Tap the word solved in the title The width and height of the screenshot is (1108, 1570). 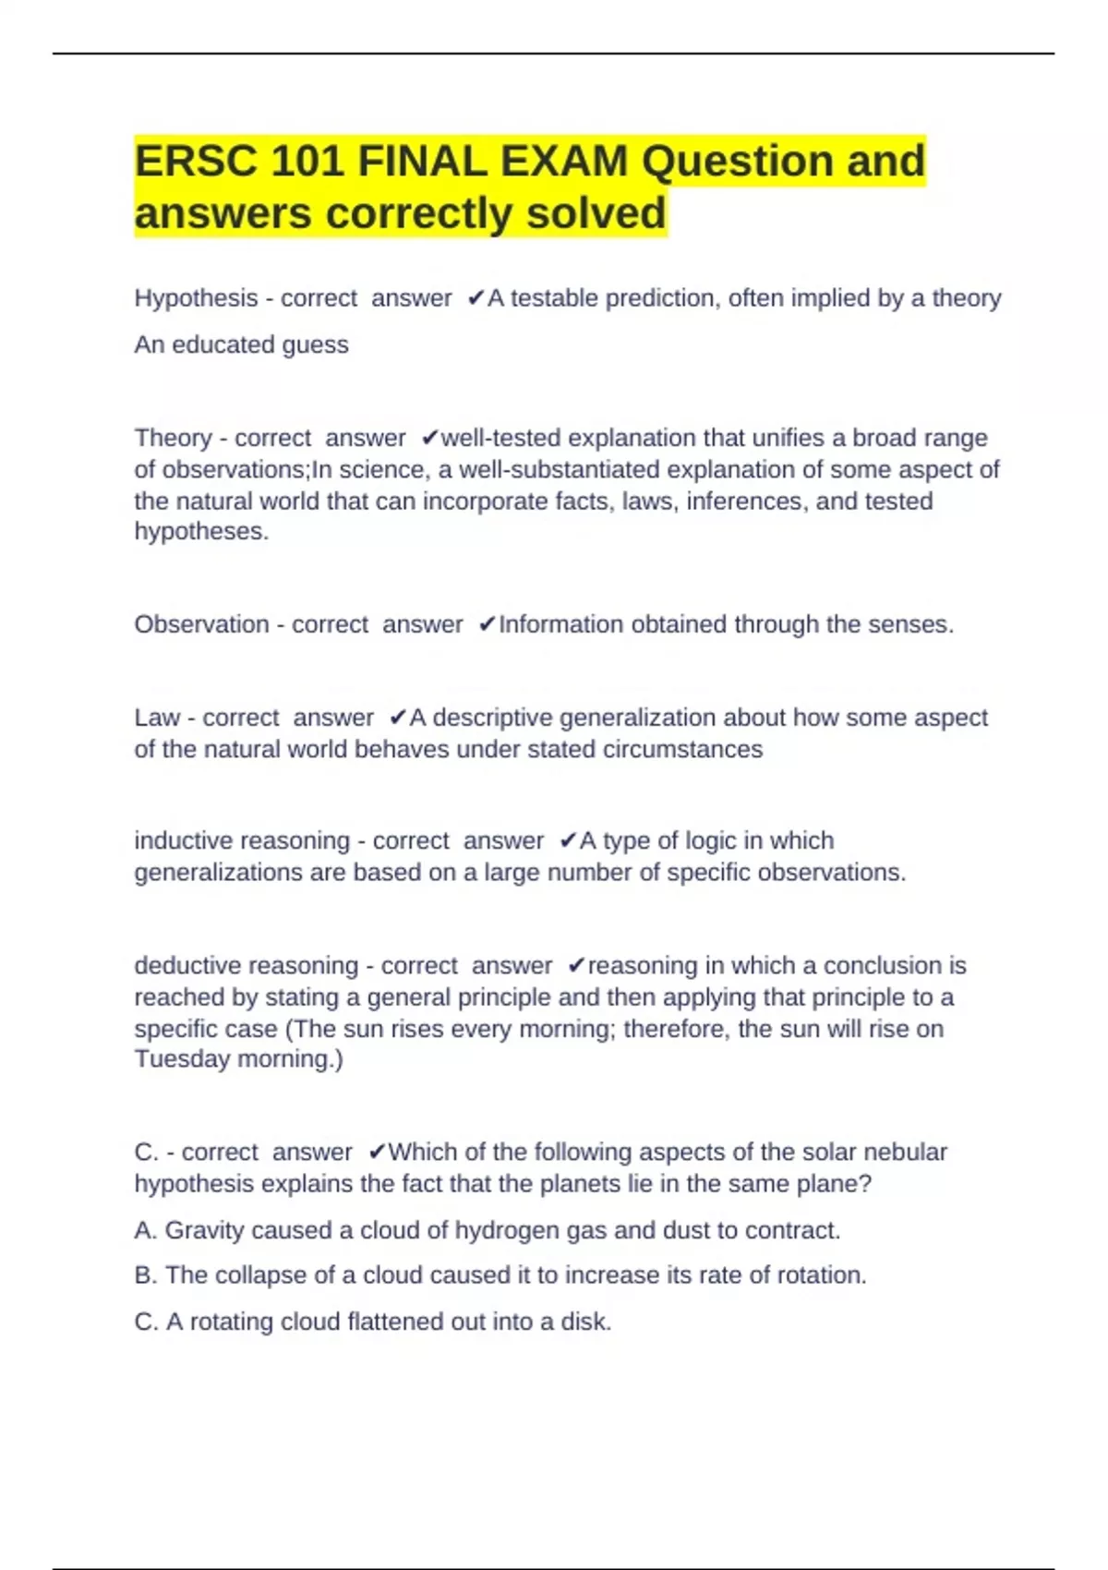coord(596,213)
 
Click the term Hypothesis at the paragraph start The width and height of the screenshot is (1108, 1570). coord(196,298)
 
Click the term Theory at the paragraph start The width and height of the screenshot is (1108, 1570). coord(173,438)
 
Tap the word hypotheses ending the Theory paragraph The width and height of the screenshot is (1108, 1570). coord(200,532)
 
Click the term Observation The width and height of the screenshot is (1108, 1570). coord(201,624)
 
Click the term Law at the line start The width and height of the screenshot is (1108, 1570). coord(157,718)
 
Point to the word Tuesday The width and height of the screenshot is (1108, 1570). coord(182,1058)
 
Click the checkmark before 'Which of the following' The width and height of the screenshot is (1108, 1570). coord(377,1152)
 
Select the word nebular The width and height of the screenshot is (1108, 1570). coord(907,1152)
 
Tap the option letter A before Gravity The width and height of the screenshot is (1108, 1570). coord(144,1230)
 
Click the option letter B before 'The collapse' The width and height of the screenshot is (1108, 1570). coord(144,1275)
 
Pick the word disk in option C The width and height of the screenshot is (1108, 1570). coord(584,1322)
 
